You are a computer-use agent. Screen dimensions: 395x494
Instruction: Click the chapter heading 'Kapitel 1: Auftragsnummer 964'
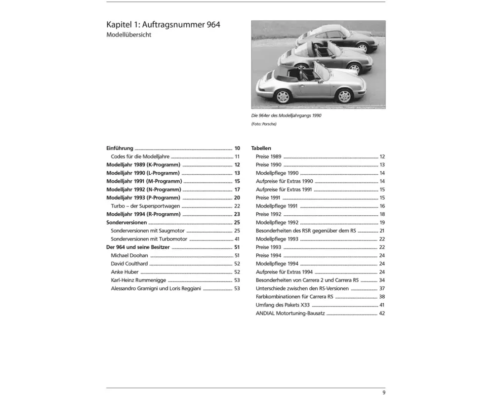coord(164,24)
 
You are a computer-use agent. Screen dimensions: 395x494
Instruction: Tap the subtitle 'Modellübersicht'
coord(129,35)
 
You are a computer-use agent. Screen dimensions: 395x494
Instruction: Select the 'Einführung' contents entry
coord(120,148)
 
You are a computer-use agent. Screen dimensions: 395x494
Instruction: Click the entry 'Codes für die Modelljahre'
coord(140,157)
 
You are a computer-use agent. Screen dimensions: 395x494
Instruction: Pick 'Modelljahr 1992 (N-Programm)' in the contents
coord(144,190)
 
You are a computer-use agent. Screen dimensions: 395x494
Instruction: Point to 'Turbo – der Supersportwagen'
coord(145,206)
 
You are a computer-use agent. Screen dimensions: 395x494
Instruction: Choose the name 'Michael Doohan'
coord(129,256)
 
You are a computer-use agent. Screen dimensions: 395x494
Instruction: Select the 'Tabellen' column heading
coord(261,148)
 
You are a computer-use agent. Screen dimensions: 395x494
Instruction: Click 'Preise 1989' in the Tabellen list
coord(269,157)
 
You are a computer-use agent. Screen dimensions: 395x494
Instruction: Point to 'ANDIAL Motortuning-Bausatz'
coord(290,314)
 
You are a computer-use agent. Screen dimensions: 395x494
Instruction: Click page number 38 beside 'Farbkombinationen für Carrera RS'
coord(382,297)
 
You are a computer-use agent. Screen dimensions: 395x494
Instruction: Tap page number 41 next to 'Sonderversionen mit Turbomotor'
coord(237,239)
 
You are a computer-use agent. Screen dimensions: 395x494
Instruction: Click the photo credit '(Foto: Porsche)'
coord(264,124)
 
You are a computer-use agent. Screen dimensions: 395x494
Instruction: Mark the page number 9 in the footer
coord(384,393)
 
